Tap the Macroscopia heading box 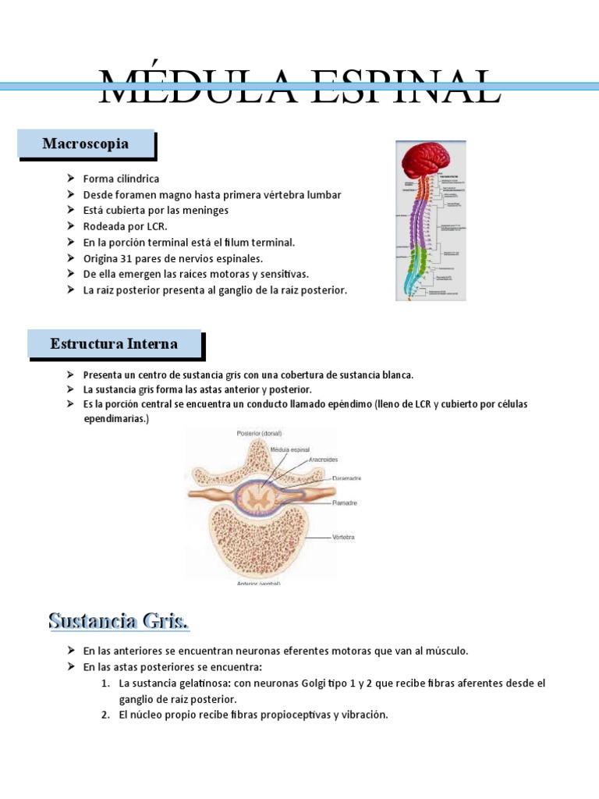(86, 144)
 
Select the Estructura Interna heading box (114, 343)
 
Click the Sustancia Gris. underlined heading (119, 622)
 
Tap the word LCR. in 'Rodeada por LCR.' (154, 226)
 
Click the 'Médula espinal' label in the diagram (289, 450)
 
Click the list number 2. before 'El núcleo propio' (105, 715)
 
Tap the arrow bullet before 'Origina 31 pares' (72, 258)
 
